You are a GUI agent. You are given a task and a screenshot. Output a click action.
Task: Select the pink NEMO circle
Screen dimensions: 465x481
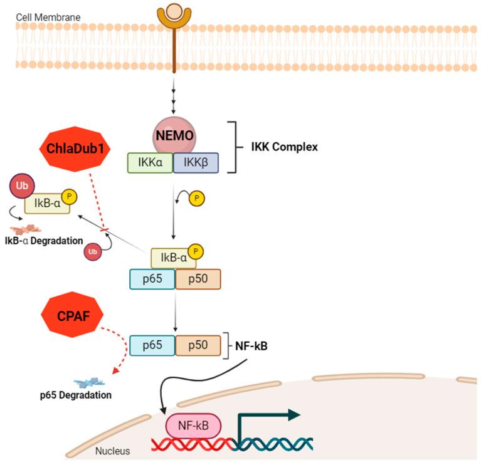(172, 134)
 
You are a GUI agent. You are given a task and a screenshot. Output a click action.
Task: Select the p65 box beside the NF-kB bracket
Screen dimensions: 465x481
(152, 345)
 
